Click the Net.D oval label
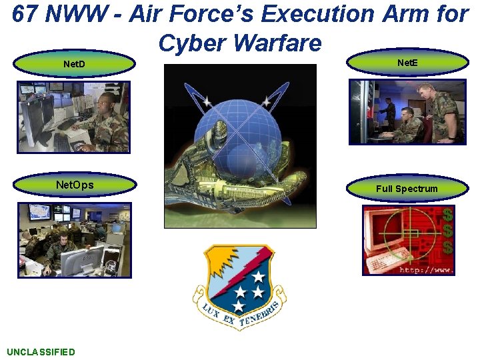click(74, 65)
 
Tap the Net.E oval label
click(407, 63)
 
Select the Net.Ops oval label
click(74, 185)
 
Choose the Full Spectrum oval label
click(407, 189)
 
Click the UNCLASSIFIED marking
click(41, 352)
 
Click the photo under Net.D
click(74, 117)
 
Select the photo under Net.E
click(407, 111)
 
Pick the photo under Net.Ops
click(74, 240)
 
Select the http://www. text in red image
click(427, 270)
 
